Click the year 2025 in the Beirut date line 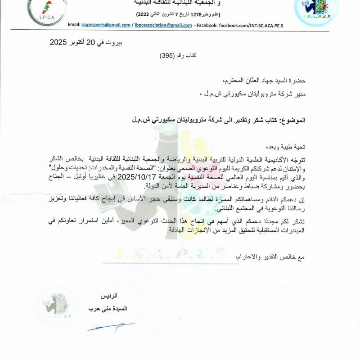[58, 43]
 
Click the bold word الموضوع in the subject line [293, 121]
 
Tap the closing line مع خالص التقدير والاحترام [270, 257]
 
